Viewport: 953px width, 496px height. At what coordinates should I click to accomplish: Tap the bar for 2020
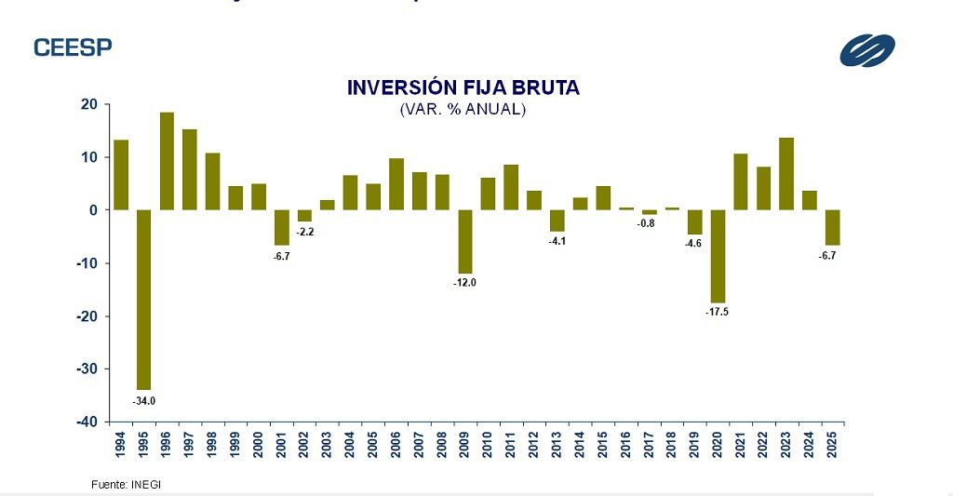click(x=718, y=256)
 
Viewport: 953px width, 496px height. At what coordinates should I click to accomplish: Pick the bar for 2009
click(x=465, y=241)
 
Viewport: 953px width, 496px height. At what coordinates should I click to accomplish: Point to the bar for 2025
click(x=832, y=227)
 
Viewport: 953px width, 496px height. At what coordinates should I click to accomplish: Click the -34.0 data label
click(x=144, y=401)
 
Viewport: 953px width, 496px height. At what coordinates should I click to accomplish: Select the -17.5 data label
click(x=718, y=312)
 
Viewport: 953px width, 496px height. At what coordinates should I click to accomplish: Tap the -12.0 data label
click(x=465, y=282)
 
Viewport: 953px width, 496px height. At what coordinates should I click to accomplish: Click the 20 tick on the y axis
click(x=90, y=104)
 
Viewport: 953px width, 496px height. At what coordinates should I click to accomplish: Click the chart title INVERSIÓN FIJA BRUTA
click(x=463, y=87)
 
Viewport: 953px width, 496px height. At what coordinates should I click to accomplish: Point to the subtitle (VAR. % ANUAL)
click(x=463, y=110)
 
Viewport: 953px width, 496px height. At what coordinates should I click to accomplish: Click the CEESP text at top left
click(x=73, y=47)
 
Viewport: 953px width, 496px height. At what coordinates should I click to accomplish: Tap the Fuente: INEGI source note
click(x=119, y=485)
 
